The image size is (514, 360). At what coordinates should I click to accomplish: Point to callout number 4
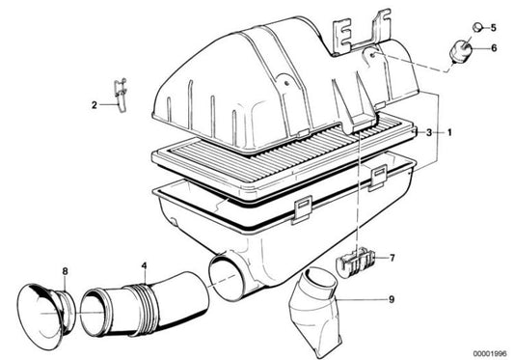click(144, 264)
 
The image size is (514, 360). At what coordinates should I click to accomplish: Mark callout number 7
click(392, 258)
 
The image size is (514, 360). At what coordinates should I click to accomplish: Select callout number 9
click(392, 300)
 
